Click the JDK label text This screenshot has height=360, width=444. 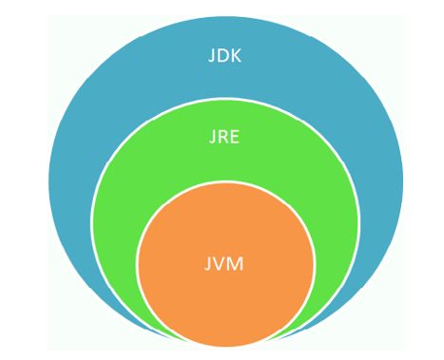(x=225, y=55)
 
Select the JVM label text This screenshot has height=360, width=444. (x=225, y=263)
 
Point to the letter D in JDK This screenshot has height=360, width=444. (x=224, y=55)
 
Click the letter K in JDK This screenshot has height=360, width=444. (x=238, y=55)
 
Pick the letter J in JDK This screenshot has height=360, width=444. (x=212, y=55)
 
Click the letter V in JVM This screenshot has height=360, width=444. (x=222, y=263)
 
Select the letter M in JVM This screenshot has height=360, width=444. (x=238, y=263)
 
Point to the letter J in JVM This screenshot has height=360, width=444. (x=210, y=263)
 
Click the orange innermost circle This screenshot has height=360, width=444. (x=225, y=294)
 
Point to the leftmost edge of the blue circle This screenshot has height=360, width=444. (x=48, y=180)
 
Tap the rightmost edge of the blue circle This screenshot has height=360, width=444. (x=402, y=180)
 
